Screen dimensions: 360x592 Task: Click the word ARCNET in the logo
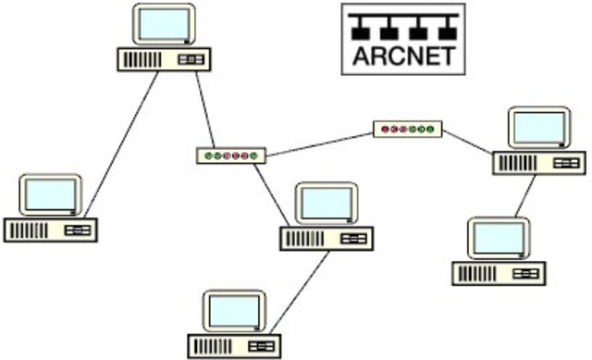point(403,56)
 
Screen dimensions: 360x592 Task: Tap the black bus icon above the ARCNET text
point(403,26)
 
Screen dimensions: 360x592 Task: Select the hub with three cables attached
point(230,155)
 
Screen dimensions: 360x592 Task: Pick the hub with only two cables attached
point(408,130)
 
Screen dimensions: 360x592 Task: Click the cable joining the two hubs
point(319,143)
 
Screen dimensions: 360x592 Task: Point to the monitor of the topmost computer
point(165,25)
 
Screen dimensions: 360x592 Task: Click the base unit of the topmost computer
point(163,59)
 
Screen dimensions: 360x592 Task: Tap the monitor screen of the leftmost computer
point(51,194)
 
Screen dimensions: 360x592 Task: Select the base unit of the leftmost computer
point(50,230)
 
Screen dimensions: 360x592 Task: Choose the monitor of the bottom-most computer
point(235,312)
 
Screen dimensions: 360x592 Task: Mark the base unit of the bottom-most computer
point(234,346)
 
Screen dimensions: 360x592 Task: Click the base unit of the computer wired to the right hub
point(538,163)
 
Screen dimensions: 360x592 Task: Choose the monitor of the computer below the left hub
point(326,203)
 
